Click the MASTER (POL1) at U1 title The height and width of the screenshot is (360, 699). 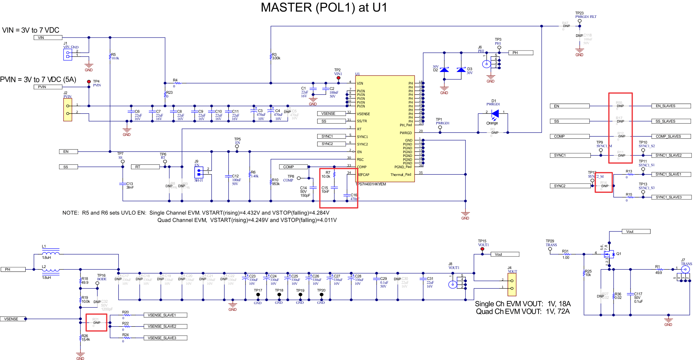coord(324,8)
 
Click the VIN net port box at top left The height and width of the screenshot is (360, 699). coord(48,38)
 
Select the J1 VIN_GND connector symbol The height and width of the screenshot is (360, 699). coord(67,54)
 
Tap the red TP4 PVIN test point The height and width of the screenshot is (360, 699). coord(89,81)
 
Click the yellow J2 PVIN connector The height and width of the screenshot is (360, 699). coord(67,110)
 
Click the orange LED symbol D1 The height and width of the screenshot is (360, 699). coord(495,113)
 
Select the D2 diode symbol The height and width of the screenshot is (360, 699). coord(444,70)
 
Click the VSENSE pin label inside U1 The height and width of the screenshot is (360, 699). coord(363,114)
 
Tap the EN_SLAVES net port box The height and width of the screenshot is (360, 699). coord(671,106)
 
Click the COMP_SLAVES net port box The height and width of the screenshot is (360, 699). coord(671,136)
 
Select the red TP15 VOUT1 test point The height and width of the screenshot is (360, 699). coord(482,249)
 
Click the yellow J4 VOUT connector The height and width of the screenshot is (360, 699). coord(512,284)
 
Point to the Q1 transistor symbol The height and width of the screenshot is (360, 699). coord(609,254)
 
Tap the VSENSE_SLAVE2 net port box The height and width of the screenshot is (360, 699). coord(165,327)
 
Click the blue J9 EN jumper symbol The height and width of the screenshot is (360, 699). coord(199,172)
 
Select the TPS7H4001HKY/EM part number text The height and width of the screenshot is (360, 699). coord(371,184)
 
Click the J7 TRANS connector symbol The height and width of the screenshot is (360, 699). coord(685,269)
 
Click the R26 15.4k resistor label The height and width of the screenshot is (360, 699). coord(85,338)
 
